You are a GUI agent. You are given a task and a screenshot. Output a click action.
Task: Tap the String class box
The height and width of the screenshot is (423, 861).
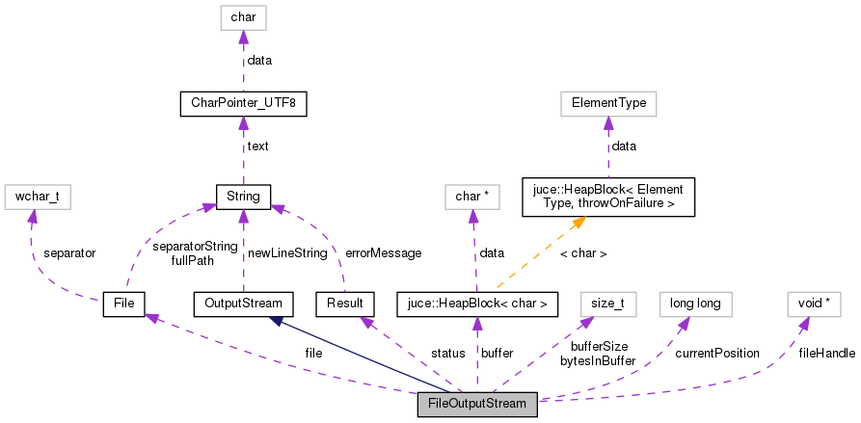(243, 196)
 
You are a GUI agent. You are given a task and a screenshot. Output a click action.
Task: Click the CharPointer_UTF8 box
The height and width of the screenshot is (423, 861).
(243, 103)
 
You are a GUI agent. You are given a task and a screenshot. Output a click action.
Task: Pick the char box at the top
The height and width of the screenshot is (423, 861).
(243, 17)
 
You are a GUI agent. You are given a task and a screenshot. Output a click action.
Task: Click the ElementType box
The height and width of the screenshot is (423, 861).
(607, 103)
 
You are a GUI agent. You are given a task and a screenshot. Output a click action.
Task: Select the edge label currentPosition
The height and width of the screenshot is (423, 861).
(716, 354)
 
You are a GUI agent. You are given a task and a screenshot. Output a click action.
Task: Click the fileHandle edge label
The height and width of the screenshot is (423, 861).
(826, 354)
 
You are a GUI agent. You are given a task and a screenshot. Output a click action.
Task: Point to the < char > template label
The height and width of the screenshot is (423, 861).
(582, 253)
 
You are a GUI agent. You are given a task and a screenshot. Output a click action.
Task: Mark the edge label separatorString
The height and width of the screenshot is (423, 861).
(189, 246)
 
